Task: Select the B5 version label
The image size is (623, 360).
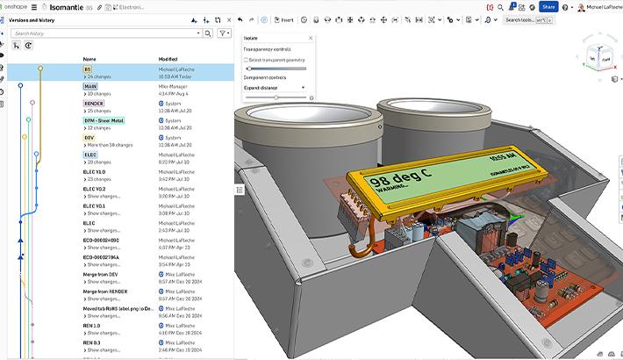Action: click(x=88, y=68)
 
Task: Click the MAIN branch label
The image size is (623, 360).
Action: click(x=90, y=86)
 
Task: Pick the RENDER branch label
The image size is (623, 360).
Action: click(x=93, y=103)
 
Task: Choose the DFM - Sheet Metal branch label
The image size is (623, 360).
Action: click(x=104, y=120)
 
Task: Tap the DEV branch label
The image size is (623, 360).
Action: click(x=89, y=137)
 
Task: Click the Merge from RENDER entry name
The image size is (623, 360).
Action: click(x=105, y=291)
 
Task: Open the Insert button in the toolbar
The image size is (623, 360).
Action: click(x=284, y=19)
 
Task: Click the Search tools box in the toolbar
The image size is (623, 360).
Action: click(x=524, y=19)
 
